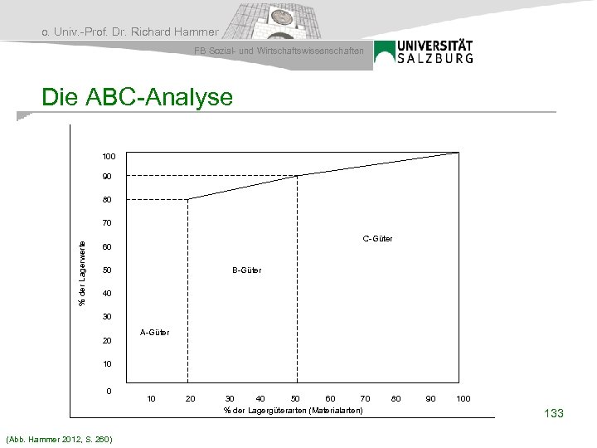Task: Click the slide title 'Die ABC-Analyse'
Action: [138, 98]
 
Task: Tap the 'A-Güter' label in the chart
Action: [154, 333]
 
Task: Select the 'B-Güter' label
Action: [246, 270]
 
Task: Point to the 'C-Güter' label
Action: [377, 239]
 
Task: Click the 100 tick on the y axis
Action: [109, 157]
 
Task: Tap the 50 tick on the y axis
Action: [107, 270]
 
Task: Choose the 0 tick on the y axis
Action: [109, 390]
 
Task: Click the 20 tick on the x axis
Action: [190, 399]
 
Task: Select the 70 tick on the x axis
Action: [365, 399]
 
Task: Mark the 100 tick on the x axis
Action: [464, 399]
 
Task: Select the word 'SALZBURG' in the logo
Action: [435, 58]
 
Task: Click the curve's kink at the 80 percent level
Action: [188, 199]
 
